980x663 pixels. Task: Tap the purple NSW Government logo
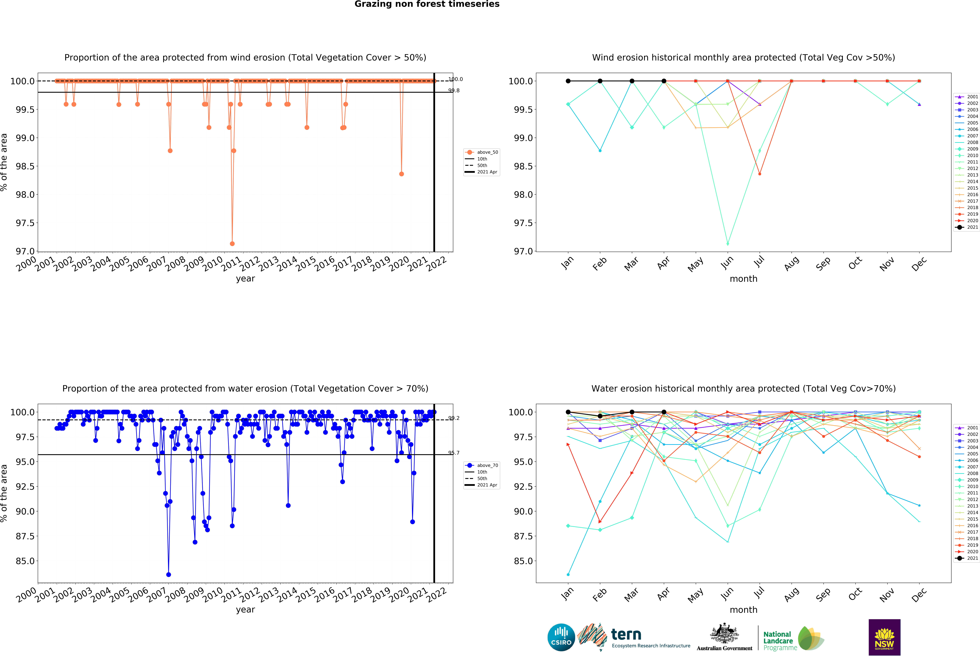[884, 637]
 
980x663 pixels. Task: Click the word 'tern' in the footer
[626, 634]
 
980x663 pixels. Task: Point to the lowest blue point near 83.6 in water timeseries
[169, 574]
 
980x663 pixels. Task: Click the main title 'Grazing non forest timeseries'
[427, 4]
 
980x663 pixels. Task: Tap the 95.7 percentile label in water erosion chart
[454, 453]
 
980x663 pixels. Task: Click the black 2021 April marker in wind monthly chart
[664, 81]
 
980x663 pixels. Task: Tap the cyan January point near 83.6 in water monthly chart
[568, 574]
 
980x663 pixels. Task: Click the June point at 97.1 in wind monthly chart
[727, 244]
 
